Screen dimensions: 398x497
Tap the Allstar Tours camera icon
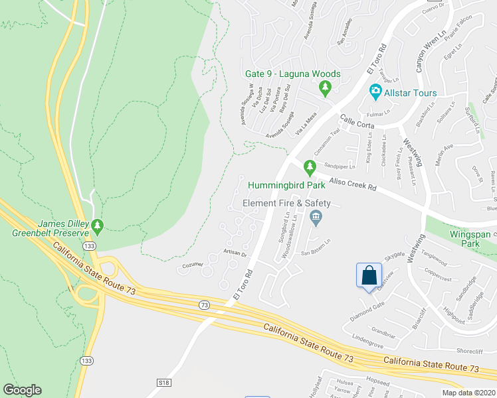pyautogui.click(x=375, y=90)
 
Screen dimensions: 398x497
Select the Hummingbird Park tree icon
pyautogui.click(x=309, y=166)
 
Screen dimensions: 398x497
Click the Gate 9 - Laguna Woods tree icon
pyautogui.click(x=325, y=86)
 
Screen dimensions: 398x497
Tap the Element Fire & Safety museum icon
pyautogui.click(x=316, y=216)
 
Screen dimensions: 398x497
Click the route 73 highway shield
pyautogui.click(x=203, y=304)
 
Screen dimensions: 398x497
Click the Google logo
pyautogui.click(x=22, y=390)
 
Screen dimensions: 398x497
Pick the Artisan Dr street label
pyautogui.click(x=235, y=253)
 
